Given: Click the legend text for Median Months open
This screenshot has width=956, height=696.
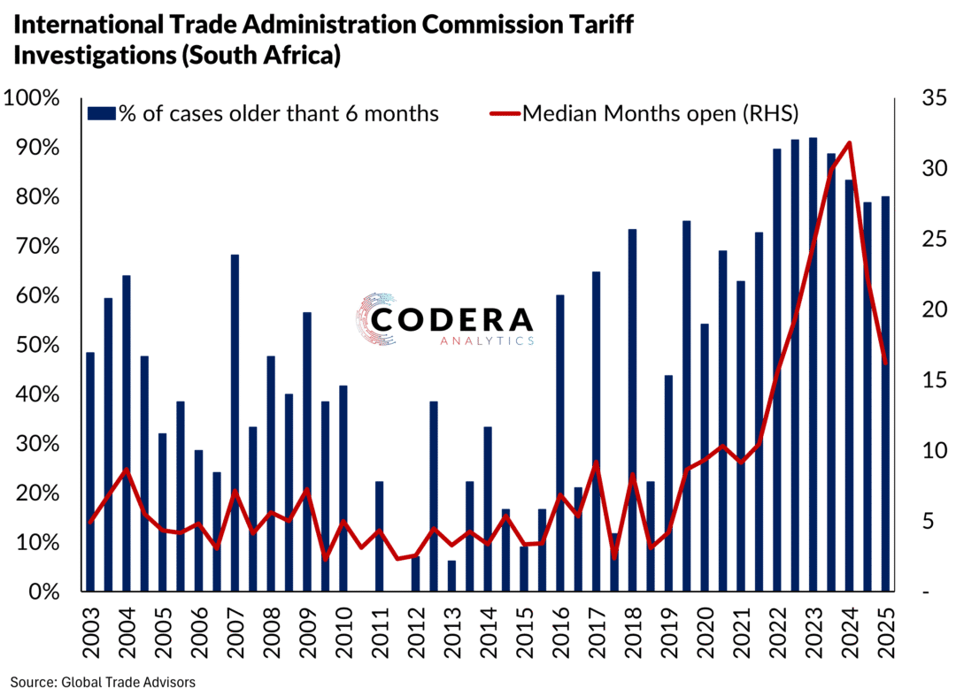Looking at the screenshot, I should point(660,113).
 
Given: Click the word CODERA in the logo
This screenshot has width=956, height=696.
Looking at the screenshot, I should point(451,320).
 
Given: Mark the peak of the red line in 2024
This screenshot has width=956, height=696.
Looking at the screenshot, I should point(850,142).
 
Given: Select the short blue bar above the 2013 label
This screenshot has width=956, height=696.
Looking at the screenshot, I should point(451,576).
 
